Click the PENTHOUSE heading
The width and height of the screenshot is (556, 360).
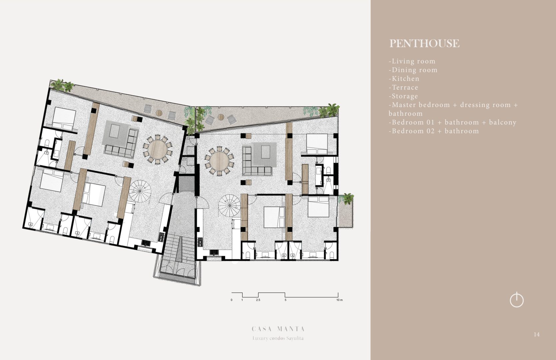(424, 43)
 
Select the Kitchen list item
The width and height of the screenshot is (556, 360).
(404, 79)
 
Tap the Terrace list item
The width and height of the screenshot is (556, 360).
(403, 87)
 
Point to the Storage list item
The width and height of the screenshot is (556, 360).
(403, 96)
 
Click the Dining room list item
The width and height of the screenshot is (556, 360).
(413, 70)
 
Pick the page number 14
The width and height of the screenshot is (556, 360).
(537, 335)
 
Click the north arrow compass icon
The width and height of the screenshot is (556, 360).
(517, 300)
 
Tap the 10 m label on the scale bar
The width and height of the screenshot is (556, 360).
(339, 300)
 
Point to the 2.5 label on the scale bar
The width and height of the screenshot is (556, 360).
(258, 300)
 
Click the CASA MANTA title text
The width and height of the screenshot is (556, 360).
(278, 329)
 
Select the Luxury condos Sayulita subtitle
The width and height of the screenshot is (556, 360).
(278, 338)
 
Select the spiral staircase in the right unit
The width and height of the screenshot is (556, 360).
(230, 206)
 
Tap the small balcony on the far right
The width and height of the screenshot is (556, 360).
(345, 211)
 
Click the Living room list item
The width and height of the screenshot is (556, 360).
(412, 61)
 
